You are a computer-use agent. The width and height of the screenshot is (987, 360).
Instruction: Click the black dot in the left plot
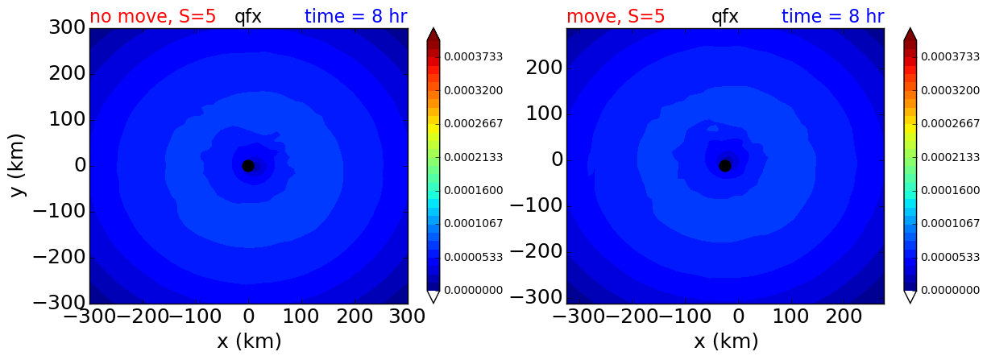pos(248,166)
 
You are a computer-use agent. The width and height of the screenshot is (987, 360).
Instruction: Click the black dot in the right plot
pos(725,166)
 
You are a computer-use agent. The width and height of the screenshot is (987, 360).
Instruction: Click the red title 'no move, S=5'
pos(153,17)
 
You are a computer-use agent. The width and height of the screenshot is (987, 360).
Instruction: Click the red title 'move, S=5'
pos(616,17)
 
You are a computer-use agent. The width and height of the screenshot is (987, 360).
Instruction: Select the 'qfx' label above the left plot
pos(248,18)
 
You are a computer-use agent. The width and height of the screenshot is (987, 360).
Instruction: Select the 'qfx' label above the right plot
pos(725,18)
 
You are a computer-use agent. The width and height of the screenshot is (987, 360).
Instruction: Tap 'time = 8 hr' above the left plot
pos(356,17)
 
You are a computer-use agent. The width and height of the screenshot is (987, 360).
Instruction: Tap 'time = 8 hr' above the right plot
pos(833,17)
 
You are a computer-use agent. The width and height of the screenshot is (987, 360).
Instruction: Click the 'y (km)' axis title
pos(17,165)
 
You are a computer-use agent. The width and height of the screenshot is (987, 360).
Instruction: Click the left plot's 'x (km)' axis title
pos(249,341)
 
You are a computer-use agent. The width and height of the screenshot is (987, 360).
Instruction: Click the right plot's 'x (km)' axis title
pos(726,341)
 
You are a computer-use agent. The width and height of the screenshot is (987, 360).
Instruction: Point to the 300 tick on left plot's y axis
pos(67,27)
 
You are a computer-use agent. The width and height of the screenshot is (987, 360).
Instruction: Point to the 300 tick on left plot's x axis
pos(407,317)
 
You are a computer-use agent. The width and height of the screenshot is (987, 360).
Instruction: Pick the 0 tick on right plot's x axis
pos(739,317)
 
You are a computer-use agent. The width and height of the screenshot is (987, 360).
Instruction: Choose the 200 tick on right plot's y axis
pos(544,68)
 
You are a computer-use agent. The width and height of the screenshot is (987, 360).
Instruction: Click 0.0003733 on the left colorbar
pos(473,57)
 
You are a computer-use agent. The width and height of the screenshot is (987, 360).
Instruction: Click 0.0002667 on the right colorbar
pos(951,123)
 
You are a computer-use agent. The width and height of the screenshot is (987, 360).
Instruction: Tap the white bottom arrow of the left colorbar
pos(433,297)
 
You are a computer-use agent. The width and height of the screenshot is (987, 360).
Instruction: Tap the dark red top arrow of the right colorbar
pos(910,34)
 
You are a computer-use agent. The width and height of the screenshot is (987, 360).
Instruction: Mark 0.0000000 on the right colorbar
pos(951,291)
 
